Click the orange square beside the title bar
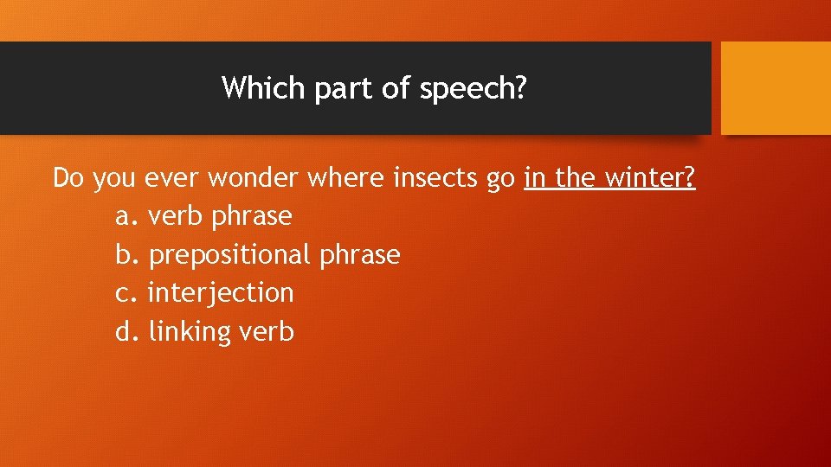[x=776, y=87]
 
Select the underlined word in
[x=535, y=178]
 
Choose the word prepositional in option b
[x=229, y=255]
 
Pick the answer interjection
[x=221, y=293]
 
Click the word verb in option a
[x=176, y=216]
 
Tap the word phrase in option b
[x=359, y=255]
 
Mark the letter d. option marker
[x=126, y=332]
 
